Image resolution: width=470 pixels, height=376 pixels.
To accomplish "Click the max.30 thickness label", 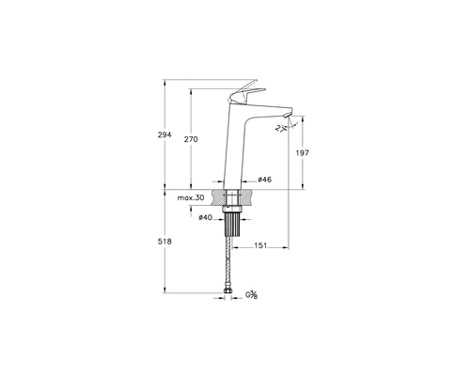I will click(191, 198).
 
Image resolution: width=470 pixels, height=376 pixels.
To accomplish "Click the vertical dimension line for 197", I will click(303, 164).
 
